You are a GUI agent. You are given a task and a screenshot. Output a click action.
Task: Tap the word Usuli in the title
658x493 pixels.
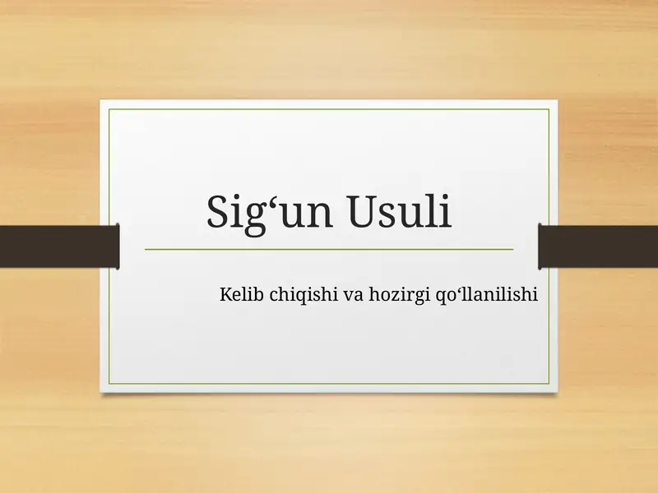(x=401, y=212)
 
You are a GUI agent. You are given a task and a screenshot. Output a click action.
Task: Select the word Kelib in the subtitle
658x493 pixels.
(x=238, y=293)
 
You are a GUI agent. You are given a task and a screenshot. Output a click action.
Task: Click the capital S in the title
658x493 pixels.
(x=218, y=213)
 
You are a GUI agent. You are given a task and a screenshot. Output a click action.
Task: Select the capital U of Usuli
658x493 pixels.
(x=364, y=212)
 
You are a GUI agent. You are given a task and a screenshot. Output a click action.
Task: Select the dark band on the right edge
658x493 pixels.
(x=598, y=246)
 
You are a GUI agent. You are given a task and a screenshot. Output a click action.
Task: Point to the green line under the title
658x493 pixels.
(x=329, y=248)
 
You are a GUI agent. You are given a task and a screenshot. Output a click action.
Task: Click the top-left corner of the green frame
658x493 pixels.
(x=109, y=108)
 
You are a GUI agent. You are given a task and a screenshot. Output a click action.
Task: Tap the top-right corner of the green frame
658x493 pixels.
(x=549, y=108)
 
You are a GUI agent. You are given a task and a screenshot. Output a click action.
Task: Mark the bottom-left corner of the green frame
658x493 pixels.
(x=109, y=384)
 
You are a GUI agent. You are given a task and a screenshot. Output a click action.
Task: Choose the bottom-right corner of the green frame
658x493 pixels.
(x=549, y=384)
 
